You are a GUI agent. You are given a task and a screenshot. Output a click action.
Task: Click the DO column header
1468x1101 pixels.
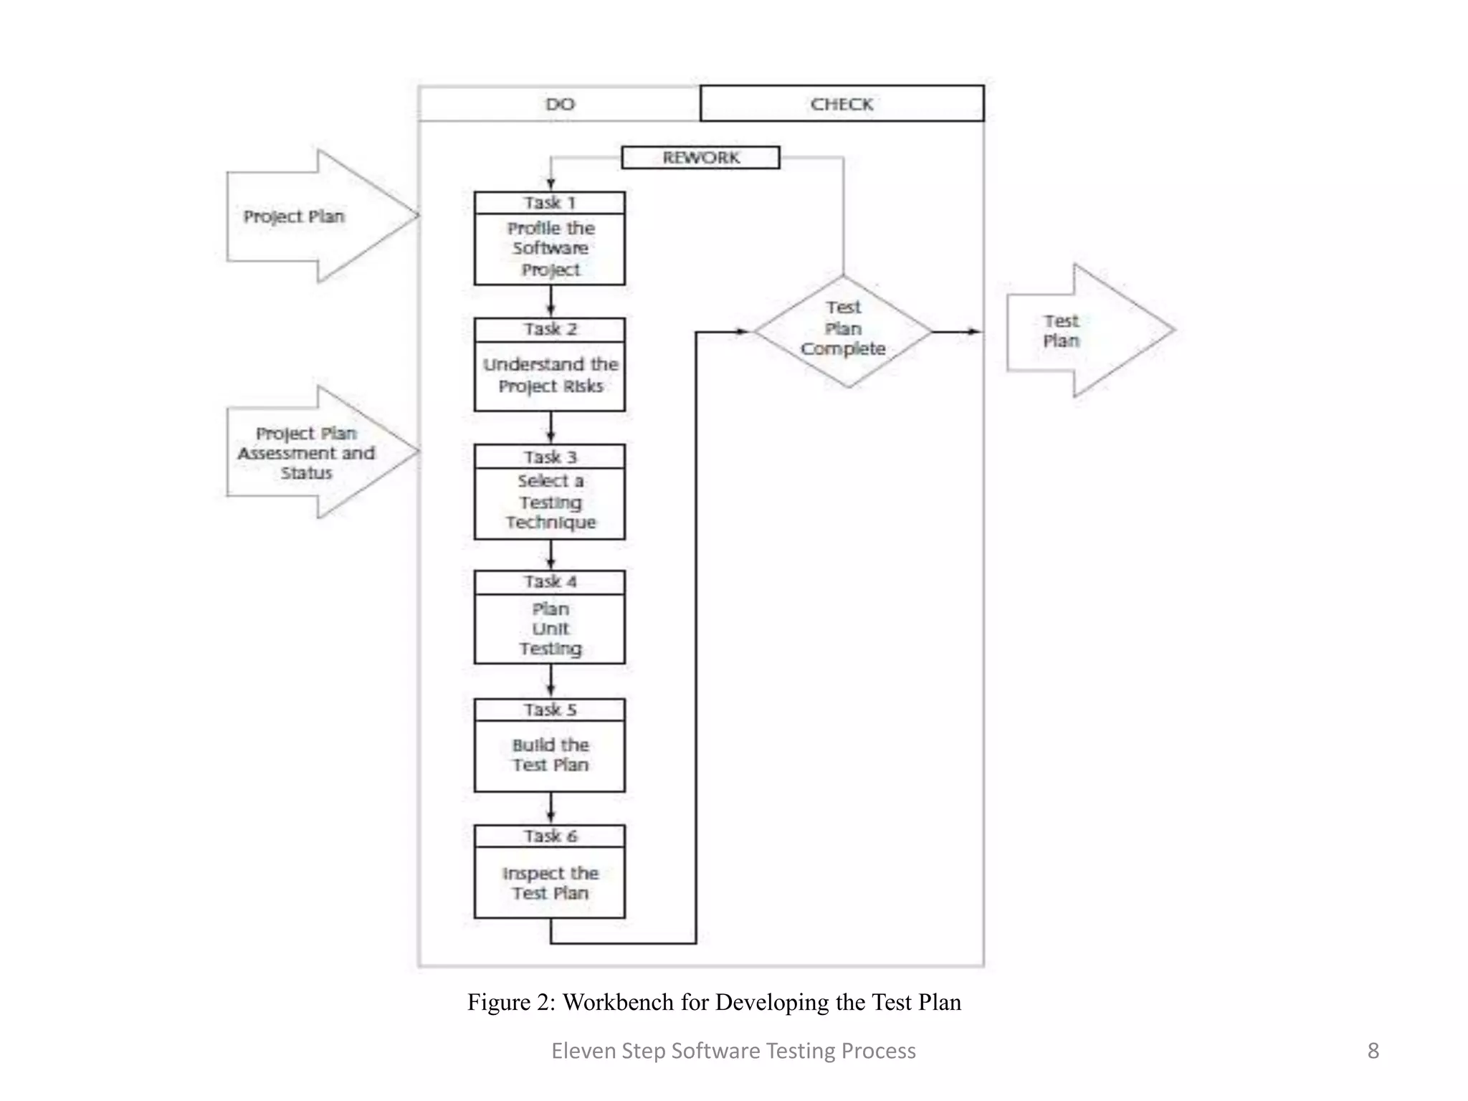(559, 104)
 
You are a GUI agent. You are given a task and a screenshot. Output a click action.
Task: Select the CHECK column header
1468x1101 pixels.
(842, 104)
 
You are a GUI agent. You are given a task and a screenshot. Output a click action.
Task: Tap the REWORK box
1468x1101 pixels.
(700, 158)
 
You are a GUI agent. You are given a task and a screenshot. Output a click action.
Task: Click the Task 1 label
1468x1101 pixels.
(549, 203)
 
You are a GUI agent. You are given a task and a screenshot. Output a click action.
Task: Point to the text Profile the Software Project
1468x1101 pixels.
(550, 249)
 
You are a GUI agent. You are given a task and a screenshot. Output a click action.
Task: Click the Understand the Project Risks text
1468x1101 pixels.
(550, 375)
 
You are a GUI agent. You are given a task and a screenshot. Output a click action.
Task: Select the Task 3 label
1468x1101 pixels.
(549, 457)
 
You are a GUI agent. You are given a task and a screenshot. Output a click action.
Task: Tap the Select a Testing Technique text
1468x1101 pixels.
(550, 502)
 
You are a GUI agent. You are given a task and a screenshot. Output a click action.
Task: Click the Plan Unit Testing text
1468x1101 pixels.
(550, 629)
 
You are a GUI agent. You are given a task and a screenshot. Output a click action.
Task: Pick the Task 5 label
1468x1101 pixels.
(549, 710)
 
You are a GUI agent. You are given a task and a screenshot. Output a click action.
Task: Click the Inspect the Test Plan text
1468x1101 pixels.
(550, 883)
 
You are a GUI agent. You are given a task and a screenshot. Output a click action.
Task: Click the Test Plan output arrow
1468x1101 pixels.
(1082, 330)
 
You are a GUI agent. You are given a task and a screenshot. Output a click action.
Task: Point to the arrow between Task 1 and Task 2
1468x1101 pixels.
(550, 302)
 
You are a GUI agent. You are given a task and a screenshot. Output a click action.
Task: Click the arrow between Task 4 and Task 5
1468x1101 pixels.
(550, 681)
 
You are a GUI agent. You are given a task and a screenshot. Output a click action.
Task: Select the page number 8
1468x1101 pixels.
(1373, 1051)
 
